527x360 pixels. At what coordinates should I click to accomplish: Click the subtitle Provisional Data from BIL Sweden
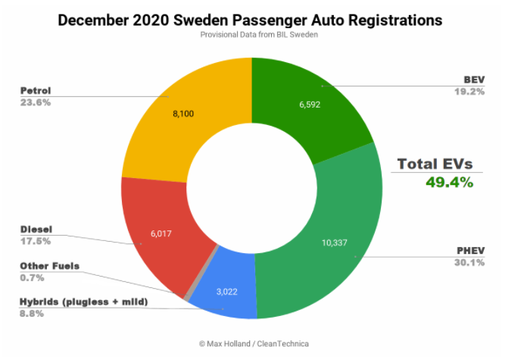(x=249, y=35)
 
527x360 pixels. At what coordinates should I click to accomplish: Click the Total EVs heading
(x=436, y=162)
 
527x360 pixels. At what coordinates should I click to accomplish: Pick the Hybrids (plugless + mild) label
(x=83, y=302)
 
